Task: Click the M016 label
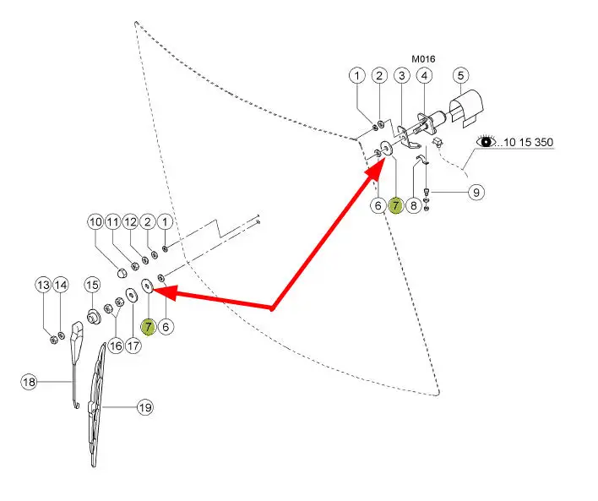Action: pyautogui.click(x=422, y=59)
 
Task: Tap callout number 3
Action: pyautogui.click(x=402, y=76)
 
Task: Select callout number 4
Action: pyautogui.click(x=425, y=76)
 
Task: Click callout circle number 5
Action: pyautogui.click(x=460, y=75)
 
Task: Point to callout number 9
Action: pyautogui.click(x=476, y=193)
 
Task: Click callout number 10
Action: pyautogui.click(x=95, y=221)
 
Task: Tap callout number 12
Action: pyautogui.click(x=131, y=221)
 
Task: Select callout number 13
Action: pyautogui.click(x=43, y=285)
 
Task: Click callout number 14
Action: pyautogui.click(x=60, y=285)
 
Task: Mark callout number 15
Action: pyautogui.click(x=92, y=286)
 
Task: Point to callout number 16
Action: pyautogui.click(x=115, y=345)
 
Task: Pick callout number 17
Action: pyautogui.click(x=133, y=345)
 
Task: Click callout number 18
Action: pyautogui.click(x=30, y=383)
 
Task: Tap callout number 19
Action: pyautogui.click(x=144, y=407)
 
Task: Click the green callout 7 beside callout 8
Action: pyautogui.click(x=395, y=204)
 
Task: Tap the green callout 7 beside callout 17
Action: pyautogui.click(x=148, y=325)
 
